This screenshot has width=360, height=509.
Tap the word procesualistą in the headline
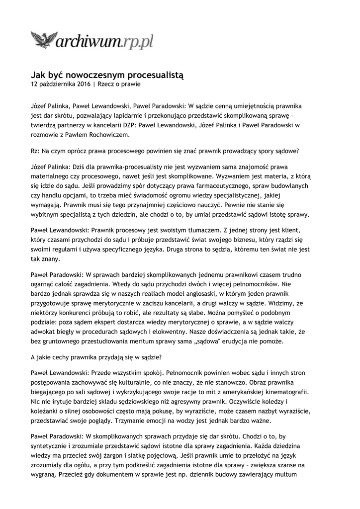(154, 75)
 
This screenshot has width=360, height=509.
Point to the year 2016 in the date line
(82, 85)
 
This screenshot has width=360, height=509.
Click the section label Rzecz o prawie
(119, 85)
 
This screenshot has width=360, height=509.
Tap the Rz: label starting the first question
(35, 151)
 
